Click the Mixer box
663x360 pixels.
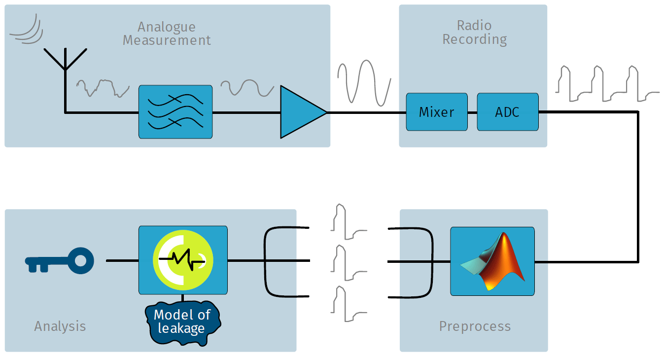(437, 112)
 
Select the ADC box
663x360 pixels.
(507, 112)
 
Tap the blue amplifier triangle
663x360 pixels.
(300, 112)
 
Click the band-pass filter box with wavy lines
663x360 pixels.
(175, 112)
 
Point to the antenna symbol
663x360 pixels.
(65, 64)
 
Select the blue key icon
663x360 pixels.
(59, 260)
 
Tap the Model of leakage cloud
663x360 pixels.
(182, 322)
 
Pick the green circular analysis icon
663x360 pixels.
(182, 260)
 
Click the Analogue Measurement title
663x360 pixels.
(167, 34)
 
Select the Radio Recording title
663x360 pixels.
(474, 32)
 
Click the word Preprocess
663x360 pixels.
(475, 326)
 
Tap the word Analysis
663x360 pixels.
(60, 326)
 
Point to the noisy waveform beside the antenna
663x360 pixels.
(103, 88)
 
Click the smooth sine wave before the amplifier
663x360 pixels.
(246, 88)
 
